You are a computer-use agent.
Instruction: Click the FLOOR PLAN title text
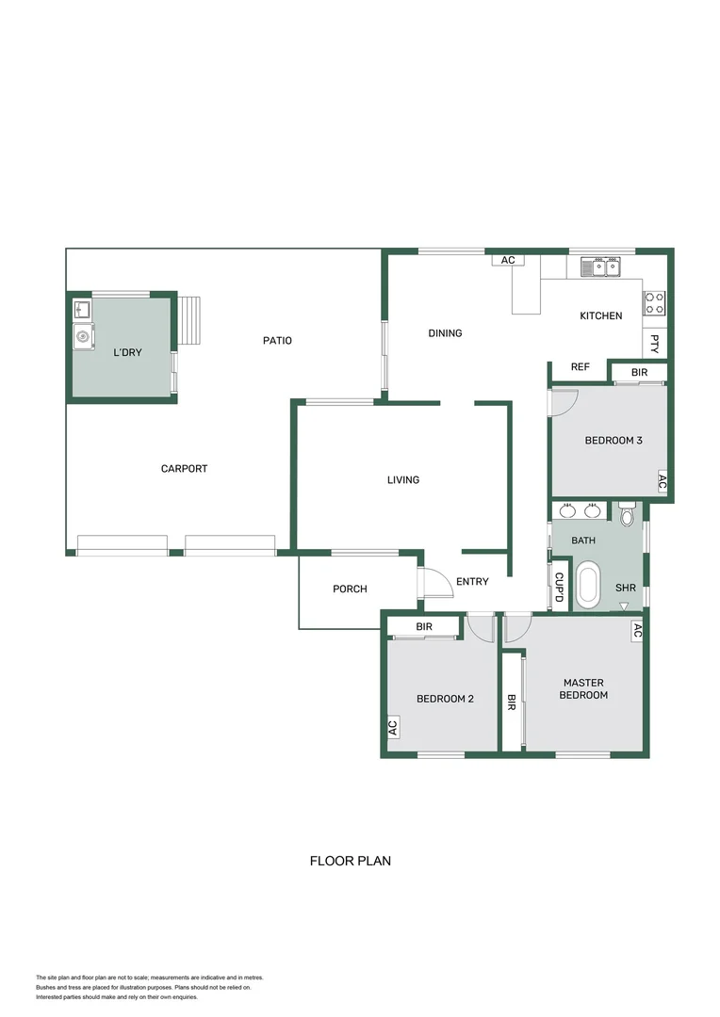pyautogui.click(x=350, y=861)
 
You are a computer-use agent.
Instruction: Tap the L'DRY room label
pyautogui.click(x=127, y=352)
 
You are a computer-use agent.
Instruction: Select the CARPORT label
pyautogui.click(x=184, y=469)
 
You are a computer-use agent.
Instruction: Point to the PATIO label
pyautogui.click(x=277, y=341)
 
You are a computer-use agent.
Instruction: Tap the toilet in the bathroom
pyautogui.click(x=629, y=515)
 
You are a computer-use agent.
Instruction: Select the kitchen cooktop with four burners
pyautogui.click(x=654, y=302)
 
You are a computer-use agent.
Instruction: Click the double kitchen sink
pyautogui.click(x=600, y=267)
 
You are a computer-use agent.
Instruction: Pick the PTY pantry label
pyautogui.click(x=655, y=344)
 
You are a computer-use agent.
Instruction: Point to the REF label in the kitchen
pyautogui.click(x=581, y=367)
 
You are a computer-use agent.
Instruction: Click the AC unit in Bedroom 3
pyautogui.click(x=662, y=481)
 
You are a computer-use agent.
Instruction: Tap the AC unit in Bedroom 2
pyautogui.click(x=392, y=727)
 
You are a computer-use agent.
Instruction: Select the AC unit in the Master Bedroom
pyautogui.click(x=637, y=632)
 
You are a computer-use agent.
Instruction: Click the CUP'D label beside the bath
pyautogui.click(x=559, y=588)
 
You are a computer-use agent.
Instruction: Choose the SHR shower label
pyautogui.click(x=626, y=588)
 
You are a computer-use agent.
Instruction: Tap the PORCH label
pyautogui.click(x=350, y=589)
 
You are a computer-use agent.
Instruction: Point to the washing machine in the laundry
pyautogui.click(x=83, y=335)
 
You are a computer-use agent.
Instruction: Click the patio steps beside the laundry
pyautogui.click(x=191, y=320)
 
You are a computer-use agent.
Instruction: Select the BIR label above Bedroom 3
pyautogui.click(x=639, y=373)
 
